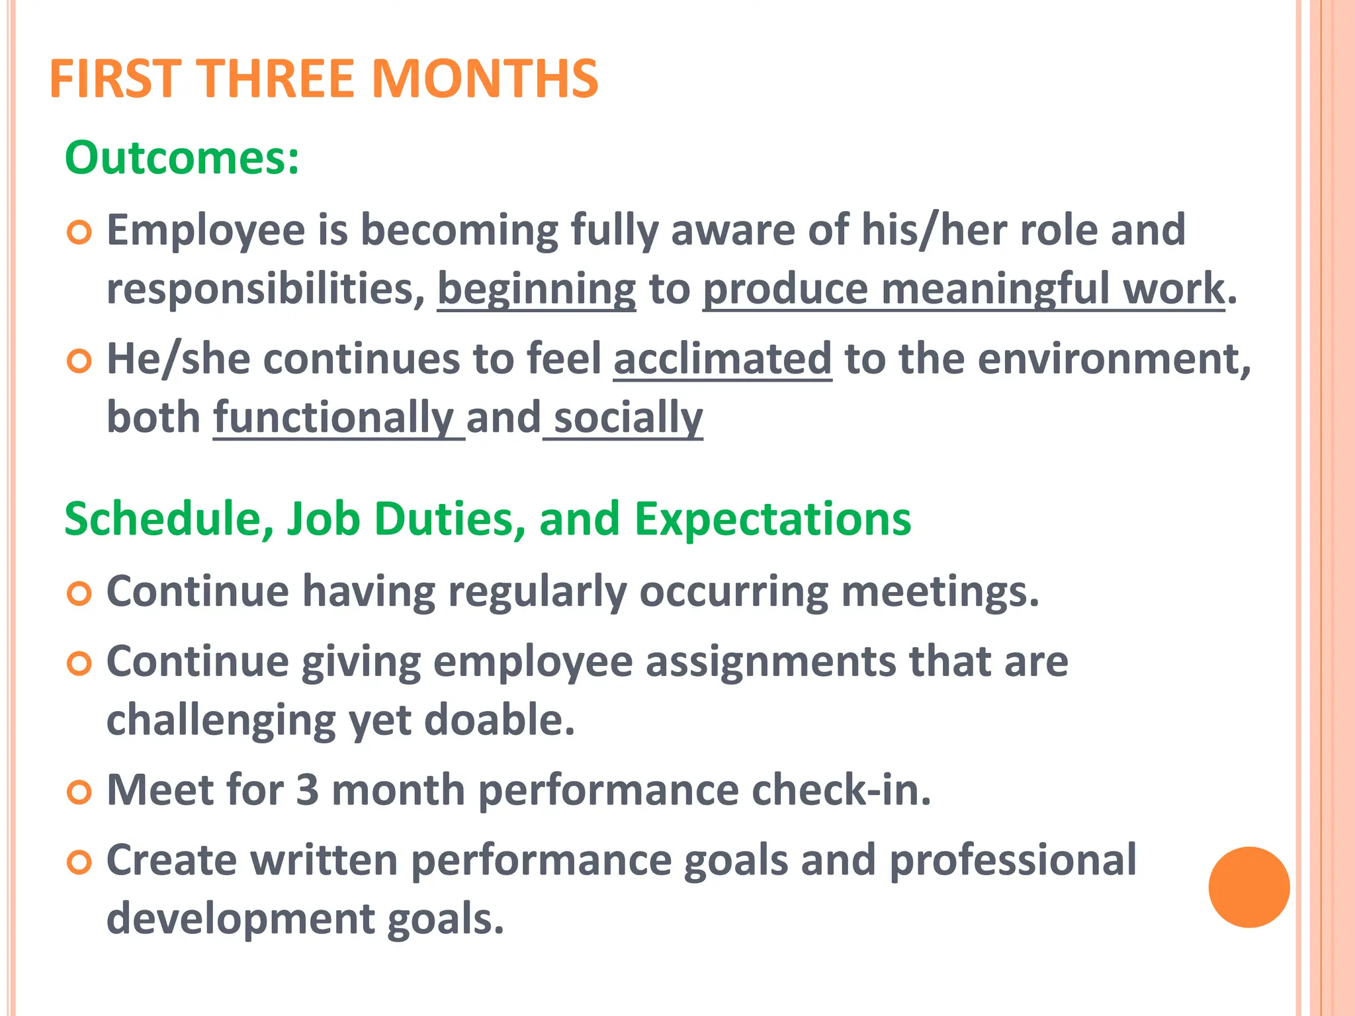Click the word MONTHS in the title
[x=485, y=79]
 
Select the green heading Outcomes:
[x=182, y=158]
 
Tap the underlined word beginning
[x=537, y=290]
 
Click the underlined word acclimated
[x=722, y=359]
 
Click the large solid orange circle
[x=1248, y=887]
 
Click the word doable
[x=499, y=720]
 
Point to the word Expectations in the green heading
[x=773, y=519]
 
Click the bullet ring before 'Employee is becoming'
[x=79, y=232]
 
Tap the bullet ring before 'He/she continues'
[x=79, y=361]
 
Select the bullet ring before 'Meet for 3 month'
[x=79, y=792]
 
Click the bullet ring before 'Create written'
[x=79, y=862]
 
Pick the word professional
[x=1013, y=861]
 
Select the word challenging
[x=221, y=721]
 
